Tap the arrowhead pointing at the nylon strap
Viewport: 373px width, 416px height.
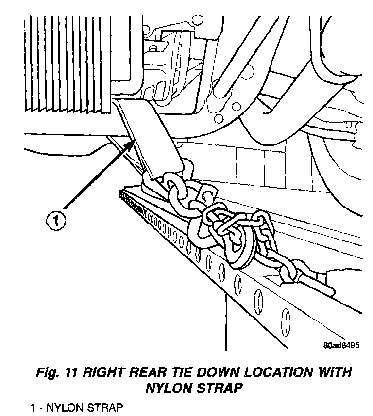tap(131, 143)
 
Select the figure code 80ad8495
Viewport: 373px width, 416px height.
tap(340, 346)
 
